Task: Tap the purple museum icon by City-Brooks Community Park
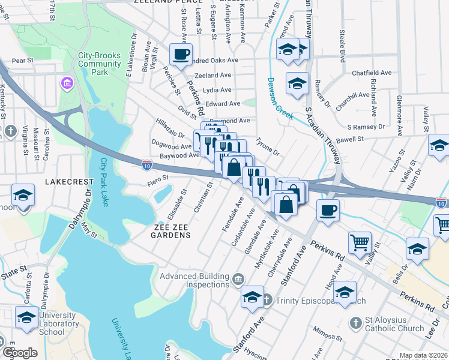coord(65,81)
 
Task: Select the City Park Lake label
coord(104,182)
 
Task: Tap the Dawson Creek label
coord(280,98)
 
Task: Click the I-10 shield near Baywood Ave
coord(146,163)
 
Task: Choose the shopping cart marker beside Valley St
coord(360,243)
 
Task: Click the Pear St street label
coord(22,61)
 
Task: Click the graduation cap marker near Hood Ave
coord(345,293)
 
